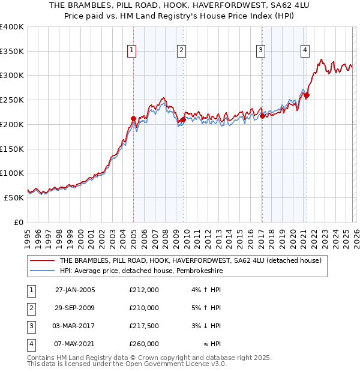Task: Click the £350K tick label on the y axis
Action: pos(12,51)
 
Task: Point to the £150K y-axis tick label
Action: pos(12,149)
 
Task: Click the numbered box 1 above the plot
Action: pos(131,50)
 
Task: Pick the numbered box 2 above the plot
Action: pos(181,50)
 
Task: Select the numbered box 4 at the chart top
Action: pos(305,50)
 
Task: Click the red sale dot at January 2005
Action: pos(133,119)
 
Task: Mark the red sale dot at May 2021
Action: pos(307,95)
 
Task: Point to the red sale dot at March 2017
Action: pos(262,116)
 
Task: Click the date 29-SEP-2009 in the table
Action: pos(75,308)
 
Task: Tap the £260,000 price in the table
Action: pos(144,344)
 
